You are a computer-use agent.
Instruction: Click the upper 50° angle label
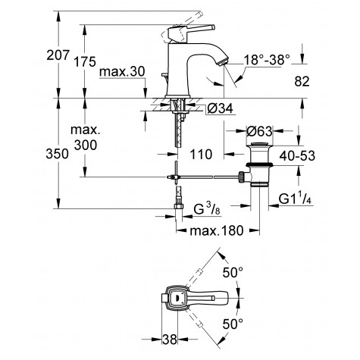(x=231, y=271)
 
